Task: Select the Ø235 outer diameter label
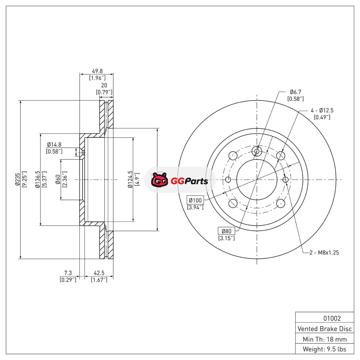pyautogui.click(x=17, y=179)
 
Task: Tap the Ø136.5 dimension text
pyautogui.click(x=38, y=179)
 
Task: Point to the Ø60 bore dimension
pyautogui.click(x=58, y=179)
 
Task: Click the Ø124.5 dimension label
pyautogui.click(x=130, y=179)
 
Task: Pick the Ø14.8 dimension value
pyautogui.click(x=54, y=144)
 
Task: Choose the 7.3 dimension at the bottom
pyautogui.click(x=68, y=273)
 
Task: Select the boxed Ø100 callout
pyautogui.click(x=195, y=200)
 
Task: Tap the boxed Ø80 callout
pyautogui.click(x=226, y=231)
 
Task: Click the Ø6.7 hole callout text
pyautogui.click(x=295, y=91)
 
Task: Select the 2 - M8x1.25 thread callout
pyautogui.click(x=324, y=252)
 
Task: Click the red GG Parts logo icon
pyautogui.click(x=159, y=180)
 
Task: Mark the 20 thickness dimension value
pyautogui.click(x=104, y=85)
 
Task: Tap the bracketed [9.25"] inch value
pyautogui.click(x=25, y=179)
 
